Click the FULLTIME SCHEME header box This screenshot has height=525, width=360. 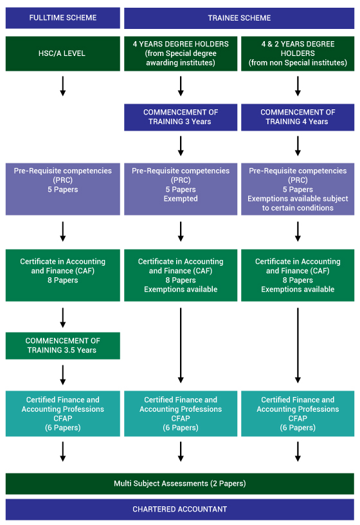point(62,18)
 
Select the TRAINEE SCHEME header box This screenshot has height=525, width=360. point(239,18)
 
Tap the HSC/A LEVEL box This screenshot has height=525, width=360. point(62,53)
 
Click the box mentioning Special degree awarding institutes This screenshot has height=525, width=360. point(181,53)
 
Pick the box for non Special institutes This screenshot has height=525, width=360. point(298,53)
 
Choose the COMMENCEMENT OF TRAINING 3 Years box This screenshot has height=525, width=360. point(181,117)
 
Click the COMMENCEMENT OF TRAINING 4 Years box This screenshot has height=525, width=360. point(298,117)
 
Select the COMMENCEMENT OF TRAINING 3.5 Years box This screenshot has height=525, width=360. point(62,345)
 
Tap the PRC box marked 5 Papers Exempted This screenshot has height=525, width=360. point(181,189)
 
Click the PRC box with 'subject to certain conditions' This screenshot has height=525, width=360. point(298,189)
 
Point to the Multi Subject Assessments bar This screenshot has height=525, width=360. point(179,483)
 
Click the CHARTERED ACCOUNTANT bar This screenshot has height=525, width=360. point(179,510)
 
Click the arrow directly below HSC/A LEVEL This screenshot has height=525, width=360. point(62,86)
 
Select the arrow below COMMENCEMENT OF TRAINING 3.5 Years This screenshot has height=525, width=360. point(62,375)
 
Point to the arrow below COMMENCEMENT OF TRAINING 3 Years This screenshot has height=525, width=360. point(181,146)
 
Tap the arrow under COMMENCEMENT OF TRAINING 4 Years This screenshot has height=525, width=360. point(298,146)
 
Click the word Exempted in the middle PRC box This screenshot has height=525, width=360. point(181,199)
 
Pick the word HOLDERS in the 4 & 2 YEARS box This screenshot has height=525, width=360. point(298,53)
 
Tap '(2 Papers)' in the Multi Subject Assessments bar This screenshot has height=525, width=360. point(228,483)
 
